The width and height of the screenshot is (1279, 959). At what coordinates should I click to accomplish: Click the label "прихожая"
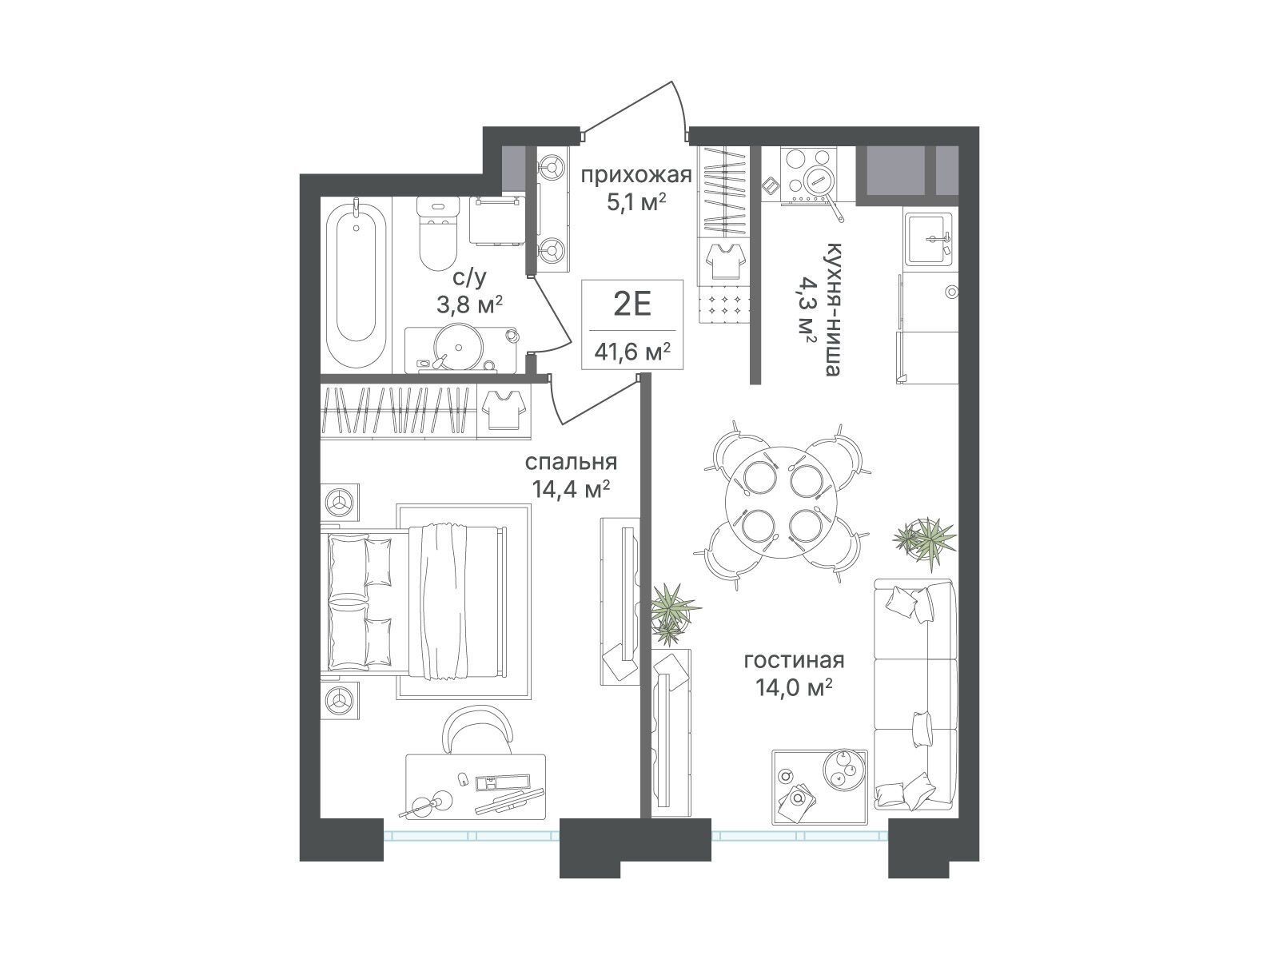pyautogui.click(x=636, y=175)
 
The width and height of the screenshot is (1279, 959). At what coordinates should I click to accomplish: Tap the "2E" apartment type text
pyautogui.click(x=632, y=304)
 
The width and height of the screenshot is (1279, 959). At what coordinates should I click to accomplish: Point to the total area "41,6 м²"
pyautogui.click(x=632, y=352)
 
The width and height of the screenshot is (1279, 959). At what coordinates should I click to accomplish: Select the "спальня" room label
pyautogui.click(x=571, y=463)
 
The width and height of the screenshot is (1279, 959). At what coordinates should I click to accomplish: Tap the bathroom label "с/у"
pyautogui.click(x=470, y=278)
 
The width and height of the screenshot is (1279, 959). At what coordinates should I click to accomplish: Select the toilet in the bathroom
pyautogui.click(x=438, y=235)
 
